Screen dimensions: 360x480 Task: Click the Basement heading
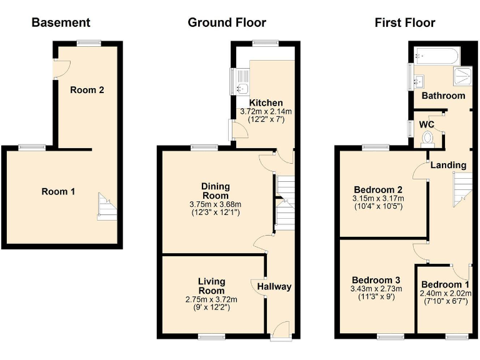61,23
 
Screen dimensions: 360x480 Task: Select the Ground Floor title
227,23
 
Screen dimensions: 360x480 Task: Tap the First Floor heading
404,23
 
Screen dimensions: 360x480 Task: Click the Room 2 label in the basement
87,90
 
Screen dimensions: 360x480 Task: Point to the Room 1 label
58,191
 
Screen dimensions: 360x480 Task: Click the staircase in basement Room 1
106,206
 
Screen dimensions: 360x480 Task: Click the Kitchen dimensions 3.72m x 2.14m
266,112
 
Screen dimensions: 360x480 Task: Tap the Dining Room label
216,191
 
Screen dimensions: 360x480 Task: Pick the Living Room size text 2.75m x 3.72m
211,299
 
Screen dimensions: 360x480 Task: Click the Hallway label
274,287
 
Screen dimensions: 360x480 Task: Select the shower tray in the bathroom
463,76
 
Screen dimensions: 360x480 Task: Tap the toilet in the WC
428,137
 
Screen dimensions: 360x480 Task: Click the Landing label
448,165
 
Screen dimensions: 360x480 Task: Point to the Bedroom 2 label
377,190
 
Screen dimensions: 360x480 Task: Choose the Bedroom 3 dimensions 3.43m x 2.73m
376,289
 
